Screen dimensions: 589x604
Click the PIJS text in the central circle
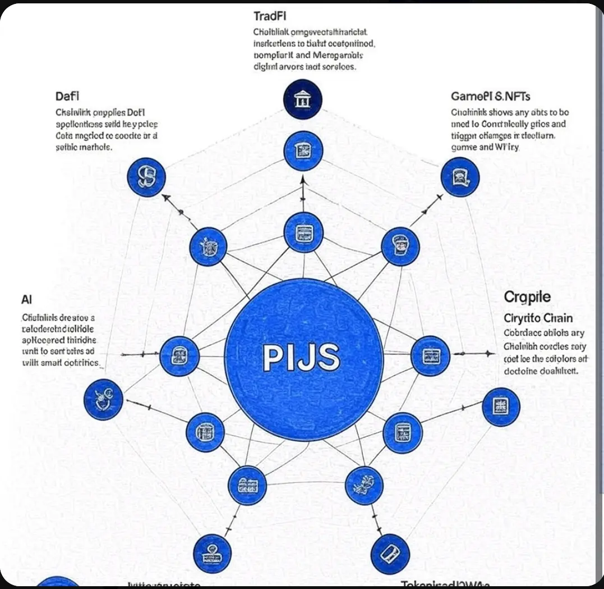click(x=301, y=358)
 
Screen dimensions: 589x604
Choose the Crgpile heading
click(x=527, y=297)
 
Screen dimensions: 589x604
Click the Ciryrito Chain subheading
click(x=538, y=318)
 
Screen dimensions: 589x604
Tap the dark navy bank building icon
click(x=302, y=100)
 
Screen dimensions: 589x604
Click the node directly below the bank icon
click(x=303, y=150)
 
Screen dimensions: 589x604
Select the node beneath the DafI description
click(x=147, y=177)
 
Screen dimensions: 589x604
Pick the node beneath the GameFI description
click(x=460, y=176)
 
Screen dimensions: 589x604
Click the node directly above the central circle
click(x=303, y=232)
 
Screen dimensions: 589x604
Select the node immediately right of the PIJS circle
click(x=430, y=355)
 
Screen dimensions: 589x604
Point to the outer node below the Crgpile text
click(x=501, y=407)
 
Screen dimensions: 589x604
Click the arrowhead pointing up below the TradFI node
click(x=303, y=181)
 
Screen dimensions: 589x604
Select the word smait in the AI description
click(x=57, y=363)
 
